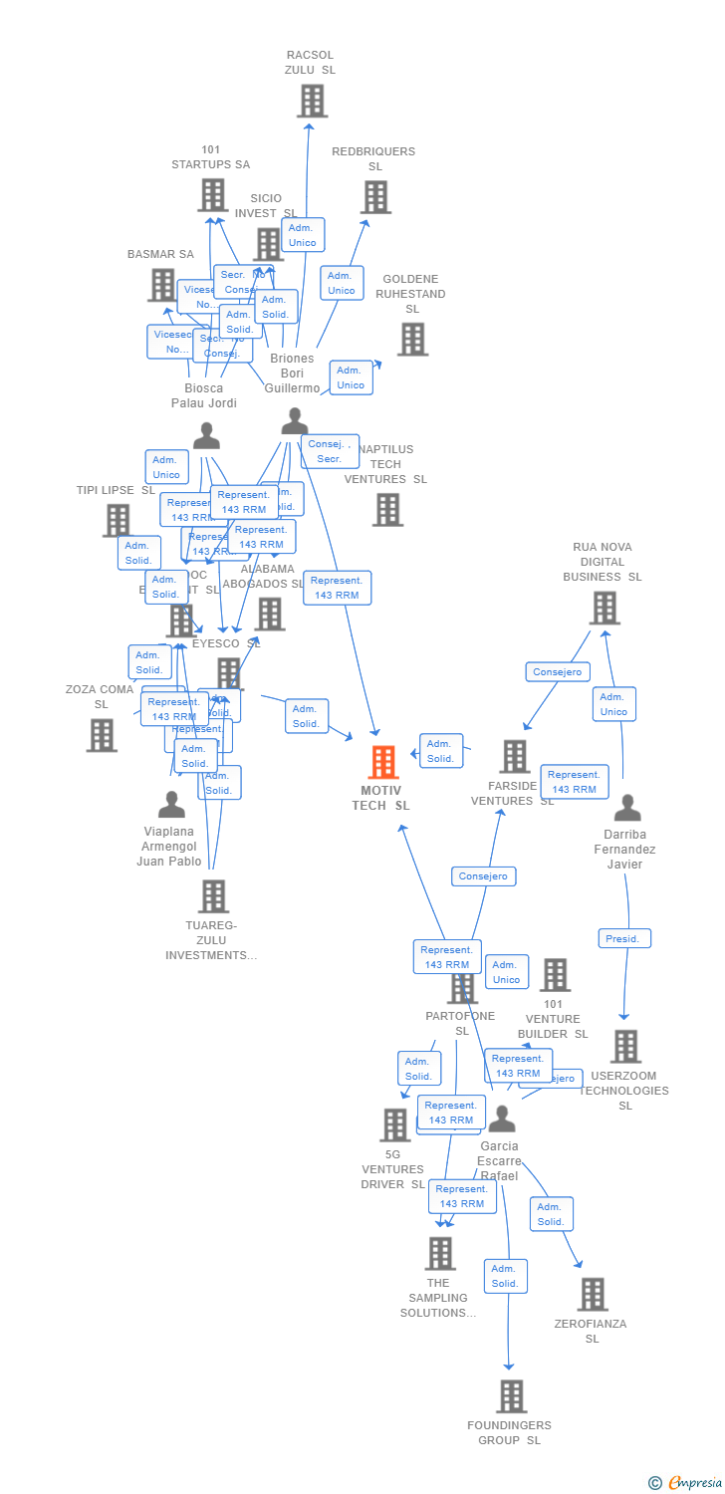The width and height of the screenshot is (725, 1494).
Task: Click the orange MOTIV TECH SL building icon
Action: point(383,762)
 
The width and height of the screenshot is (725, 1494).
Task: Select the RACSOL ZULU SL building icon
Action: point(312,101)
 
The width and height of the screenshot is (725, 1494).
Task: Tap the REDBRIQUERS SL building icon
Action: point(375,197)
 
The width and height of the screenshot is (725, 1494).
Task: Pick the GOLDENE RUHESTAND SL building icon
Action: point(411,340)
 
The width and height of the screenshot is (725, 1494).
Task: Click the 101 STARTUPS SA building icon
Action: point(212,195)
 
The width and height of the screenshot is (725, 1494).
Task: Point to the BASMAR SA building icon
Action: point(161,285)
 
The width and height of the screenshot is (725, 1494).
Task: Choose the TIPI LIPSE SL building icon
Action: point(118,520)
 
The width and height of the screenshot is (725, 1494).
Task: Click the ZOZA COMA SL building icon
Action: point(102,735)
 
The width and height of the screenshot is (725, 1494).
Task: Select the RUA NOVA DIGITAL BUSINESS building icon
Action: point(604,608)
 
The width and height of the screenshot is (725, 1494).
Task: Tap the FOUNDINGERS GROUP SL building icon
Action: point(511,1396)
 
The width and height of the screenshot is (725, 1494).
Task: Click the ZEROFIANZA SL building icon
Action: point(592,1294)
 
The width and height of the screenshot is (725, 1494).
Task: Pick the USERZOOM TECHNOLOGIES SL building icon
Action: point(625,1047)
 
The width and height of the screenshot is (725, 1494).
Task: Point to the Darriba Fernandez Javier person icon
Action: point(626,808)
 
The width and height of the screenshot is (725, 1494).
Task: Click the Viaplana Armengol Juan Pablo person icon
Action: point(171,805)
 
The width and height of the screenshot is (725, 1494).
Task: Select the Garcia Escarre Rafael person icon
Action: point(502,1120)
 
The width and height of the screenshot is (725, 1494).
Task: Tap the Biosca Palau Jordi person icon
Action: point(206,436)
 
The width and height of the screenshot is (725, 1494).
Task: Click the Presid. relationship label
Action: point(624,938)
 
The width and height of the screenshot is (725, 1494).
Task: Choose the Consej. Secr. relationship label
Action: point(331,451)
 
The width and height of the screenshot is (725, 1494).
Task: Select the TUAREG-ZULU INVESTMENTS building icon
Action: point(213,896)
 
